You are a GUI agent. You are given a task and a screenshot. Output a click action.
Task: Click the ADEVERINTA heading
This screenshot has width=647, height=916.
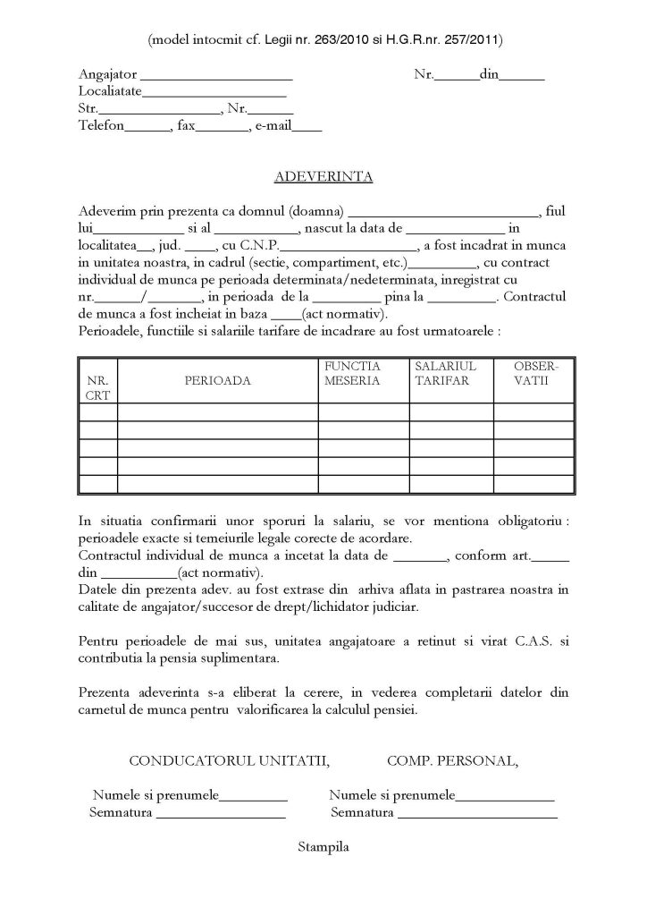[323, 176]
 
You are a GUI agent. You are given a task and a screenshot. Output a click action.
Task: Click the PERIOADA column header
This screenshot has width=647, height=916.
[217, 380]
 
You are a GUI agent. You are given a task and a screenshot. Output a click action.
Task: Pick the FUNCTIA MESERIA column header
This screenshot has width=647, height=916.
[352, 373]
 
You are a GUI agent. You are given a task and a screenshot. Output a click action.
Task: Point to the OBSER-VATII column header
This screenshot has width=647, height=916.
[534, 373]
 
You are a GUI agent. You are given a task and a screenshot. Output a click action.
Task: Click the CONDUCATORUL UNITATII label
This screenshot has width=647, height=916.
[229, 761]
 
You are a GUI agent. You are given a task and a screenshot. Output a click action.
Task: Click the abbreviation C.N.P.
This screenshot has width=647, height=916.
[259, 245]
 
